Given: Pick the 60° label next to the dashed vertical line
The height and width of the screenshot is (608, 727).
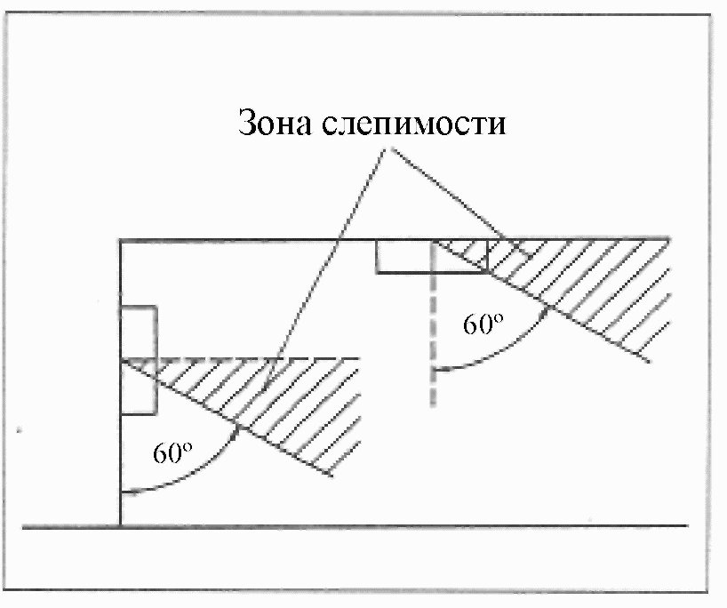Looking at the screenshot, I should point(483,325).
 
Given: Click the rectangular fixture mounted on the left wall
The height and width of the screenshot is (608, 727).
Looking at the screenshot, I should point(139,360).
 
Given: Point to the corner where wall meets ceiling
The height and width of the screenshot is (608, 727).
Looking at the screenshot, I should point(121,240).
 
